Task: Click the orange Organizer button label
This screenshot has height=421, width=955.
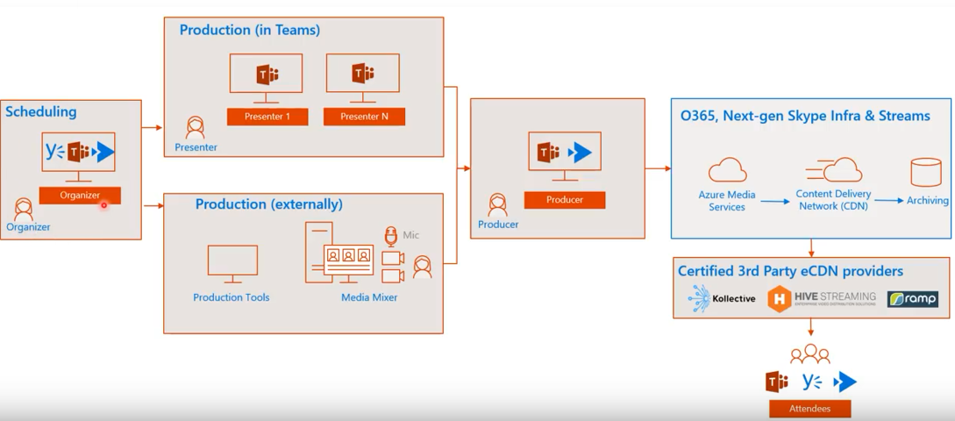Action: click(80, 196)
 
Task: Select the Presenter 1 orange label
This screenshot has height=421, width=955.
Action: click(267, 117)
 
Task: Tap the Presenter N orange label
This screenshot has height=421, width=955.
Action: click(364, 117)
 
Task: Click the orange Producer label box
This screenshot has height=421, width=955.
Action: click(565, 200)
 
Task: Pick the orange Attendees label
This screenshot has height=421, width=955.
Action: click(809, 409)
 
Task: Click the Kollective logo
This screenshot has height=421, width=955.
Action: click(722, 298)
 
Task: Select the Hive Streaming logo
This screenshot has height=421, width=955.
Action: click(822, 298)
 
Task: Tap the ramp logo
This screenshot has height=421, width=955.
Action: click(912, 299)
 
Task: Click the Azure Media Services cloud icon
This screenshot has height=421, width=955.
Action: click(726, 171)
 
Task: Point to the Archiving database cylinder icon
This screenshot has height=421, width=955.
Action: click(925, 173)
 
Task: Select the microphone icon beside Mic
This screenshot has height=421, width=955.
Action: click(392, 236)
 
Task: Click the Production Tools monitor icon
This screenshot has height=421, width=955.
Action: click(232, 264)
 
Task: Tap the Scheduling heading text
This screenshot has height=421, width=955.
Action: click(41, 111)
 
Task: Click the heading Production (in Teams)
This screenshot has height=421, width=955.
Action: click(250, 30)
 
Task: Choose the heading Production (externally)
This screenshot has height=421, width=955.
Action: click(268, 204)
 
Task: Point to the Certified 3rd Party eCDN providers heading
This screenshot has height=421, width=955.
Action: click(791, 271)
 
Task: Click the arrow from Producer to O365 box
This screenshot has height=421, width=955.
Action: click(658, 168)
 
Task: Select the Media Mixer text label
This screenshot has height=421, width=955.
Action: click(369, 297)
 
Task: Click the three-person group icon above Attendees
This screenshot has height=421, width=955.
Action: click(809, 353)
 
